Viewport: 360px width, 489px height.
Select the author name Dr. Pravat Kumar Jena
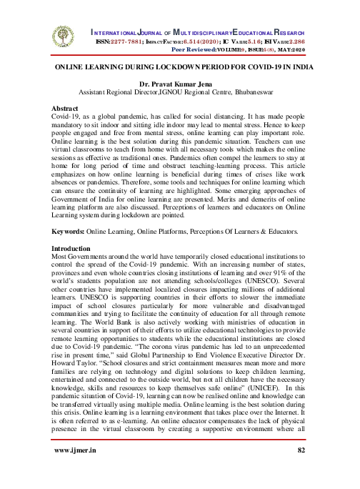click(179, 84)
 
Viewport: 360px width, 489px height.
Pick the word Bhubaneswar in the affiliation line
click(256, 92)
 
